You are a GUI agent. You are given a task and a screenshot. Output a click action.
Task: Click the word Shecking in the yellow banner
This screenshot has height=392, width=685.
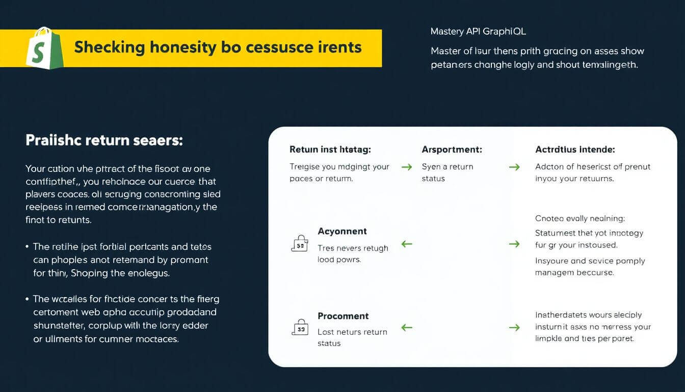click(x=110, y=47)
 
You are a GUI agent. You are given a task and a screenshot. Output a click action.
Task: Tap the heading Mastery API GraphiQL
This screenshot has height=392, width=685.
click(x=478, y=32)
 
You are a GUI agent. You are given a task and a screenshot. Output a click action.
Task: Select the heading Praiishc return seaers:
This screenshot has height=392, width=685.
click(x=104, y=141)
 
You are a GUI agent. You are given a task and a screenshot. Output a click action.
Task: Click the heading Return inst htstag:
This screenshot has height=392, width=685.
click(x=330, y=150)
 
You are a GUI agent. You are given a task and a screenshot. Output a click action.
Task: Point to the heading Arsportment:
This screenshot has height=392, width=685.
click(x=452, y=150)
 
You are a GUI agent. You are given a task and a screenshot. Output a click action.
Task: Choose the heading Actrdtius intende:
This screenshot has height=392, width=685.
click(x=575, y=150)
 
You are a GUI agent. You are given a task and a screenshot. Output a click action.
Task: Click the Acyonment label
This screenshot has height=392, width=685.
click(x=342, y=231)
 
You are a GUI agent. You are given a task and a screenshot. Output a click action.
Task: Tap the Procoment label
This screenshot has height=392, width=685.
click(x=343, y=316)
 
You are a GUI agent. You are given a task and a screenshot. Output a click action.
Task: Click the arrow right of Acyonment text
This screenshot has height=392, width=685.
click(x=407, y=244)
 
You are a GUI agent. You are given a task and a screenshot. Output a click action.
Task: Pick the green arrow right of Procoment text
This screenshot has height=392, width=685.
click(x=407, y=328)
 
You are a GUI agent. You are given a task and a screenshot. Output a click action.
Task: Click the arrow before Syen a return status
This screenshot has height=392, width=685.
click(x=407, y=167)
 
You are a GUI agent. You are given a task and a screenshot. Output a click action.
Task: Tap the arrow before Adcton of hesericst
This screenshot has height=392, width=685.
click(x=515, y=167)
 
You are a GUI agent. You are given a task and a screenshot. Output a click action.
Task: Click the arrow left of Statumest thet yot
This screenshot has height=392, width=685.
click(x=515, y=244)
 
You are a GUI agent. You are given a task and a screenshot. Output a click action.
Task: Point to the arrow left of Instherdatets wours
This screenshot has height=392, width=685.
click(x=515, y=328)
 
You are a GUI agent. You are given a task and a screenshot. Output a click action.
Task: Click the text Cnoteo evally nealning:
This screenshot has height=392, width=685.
click(x=579, y=218)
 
